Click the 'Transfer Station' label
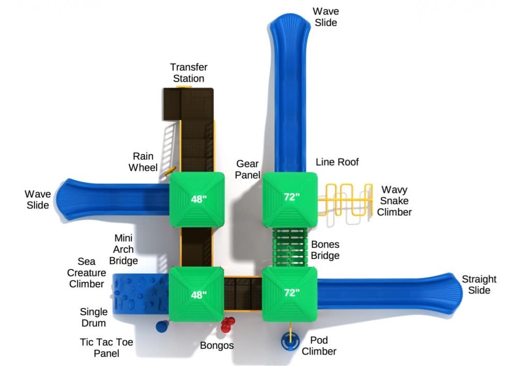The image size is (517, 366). pos(189,73)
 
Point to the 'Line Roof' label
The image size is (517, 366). pos(337,162)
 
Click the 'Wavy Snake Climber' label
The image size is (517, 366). pos(394,201)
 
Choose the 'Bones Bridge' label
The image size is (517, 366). pos(325,250)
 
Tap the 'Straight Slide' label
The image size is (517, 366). pos(479,284)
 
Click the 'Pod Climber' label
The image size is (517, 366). pos(319,346)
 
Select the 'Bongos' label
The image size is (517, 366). pos(217,345)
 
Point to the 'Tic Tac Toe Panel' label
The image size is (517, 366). pos(99,347)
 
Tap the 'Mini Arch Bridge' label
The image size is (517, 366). pos(124,249)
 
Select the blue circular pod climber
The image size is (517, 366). pos(291,341)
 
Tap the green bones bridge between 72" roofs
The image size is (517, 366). pos(290,246)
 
